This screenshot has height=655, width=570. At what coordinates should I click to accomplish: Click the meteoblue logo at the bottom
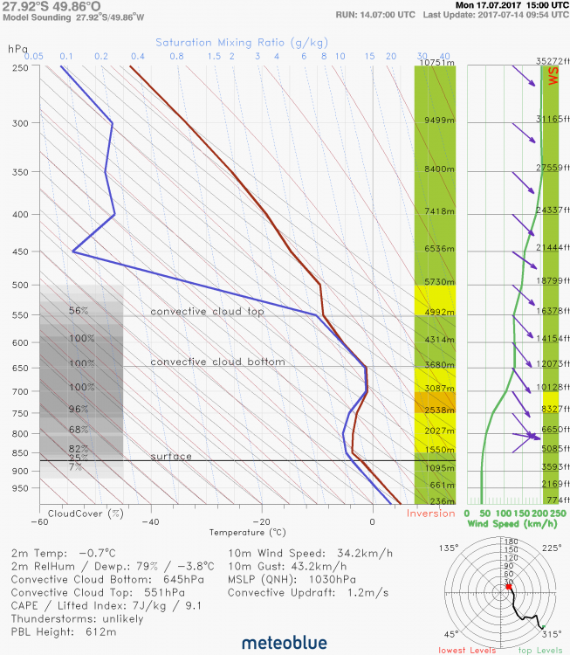(x=284, y=643)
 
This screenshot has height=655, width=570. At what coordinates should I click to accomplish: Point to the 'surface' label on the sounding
(x=171, y=457)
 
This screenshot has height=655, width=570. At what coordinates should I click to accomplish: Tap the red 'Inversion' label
(x=431, y=514)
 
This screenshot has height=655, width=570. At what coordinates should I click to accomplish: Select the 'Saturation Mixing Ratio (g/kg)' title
(x=243, y=42)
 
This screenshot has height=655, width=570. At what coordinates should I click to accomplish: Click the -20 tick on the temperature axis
(x=262, y=521)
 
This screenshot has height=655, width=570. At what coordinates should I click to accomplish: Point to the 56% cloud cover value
(x=79, y=311)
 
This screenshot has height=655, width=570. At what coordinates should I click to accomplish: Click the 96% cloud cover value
(x=79, y=410)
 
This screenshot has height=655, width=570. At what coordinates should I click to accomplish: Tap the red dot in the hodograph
(x=508, y=587)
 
